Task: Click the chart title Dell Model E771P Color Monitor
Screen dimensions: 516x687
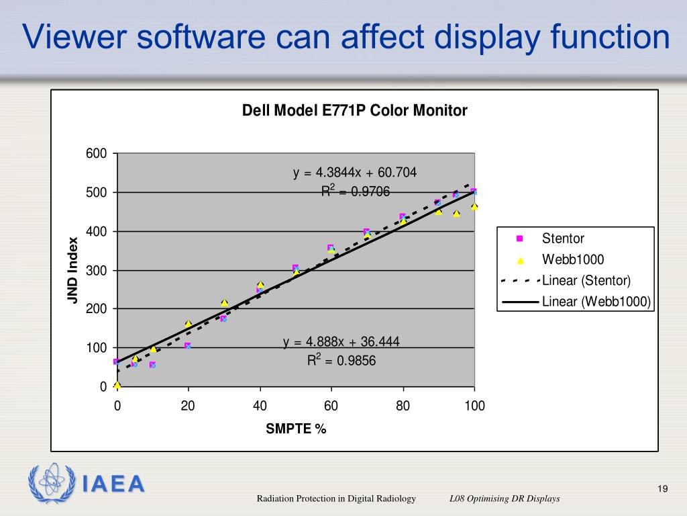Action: point(354,111)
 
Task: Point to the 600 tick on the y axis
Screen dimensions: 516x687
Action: point(97,154)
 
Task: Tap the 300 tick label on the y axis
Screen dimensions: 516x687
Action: point(97,271)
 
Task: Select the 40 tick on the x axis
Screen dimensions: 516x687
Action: point(260,406)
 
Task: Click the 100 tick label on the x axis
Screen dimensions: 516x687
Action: point(474,406)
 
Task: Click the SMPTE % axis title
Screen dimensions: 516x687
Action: point(296,429)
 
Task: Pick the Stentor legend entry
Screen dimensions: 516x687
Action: point(563,239)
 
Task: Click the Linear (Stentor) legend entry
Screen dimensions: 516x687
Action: point(586,280)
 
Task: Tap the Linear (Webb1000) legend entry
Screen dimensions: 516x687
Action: point(596,302)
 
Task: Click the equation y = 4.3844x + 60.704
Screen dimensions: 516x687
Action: point(355,173)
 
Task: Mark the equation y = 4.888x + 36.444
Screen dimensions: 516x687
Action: point(341,342)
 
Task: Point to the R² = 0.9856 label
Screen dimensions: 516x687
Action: point(341,361)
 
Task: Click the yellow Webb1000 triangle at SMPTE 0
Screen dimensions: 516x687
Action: point(117,385)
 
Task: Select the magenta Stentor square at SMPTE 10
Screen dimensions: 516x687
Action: point(152,365)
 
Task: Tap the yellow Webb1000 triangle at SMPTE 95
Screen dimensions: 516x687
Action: point(456,214)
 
